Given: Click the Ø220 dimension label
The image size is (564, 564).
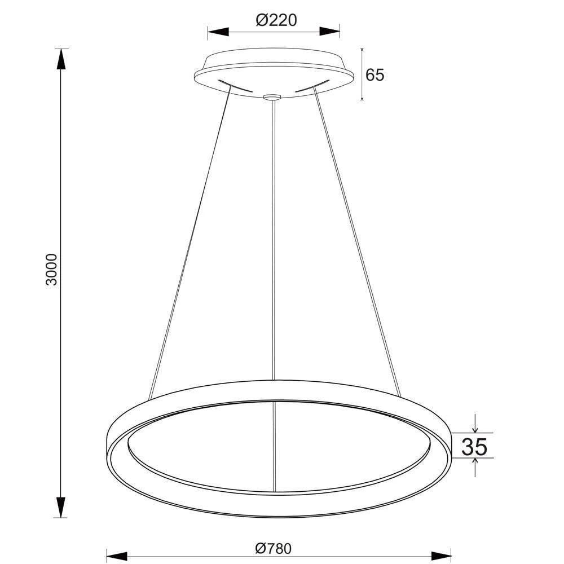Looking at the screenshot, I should [x=276, y=21].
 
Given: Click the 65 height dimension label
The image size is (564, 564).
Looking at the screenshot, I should [x=374, y=75].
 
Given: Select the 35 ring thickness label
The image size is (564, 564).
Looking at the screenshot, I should [x=474, y=447].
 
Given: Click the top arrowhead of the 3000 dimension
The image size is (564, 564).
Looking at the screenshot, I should [x=61, y=59].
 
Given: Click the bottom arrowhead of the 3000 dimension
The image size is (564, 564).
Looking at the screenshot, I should [x=61, y=506].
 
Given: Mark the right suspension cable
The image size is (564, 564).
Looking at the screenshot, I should [x=355, y=243].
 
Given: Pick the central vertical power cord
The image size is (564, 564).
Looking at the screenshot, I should [x=274, y=237].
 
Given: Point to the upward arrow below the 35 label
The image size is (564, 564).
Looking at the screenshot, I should [x=475, y=464].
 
